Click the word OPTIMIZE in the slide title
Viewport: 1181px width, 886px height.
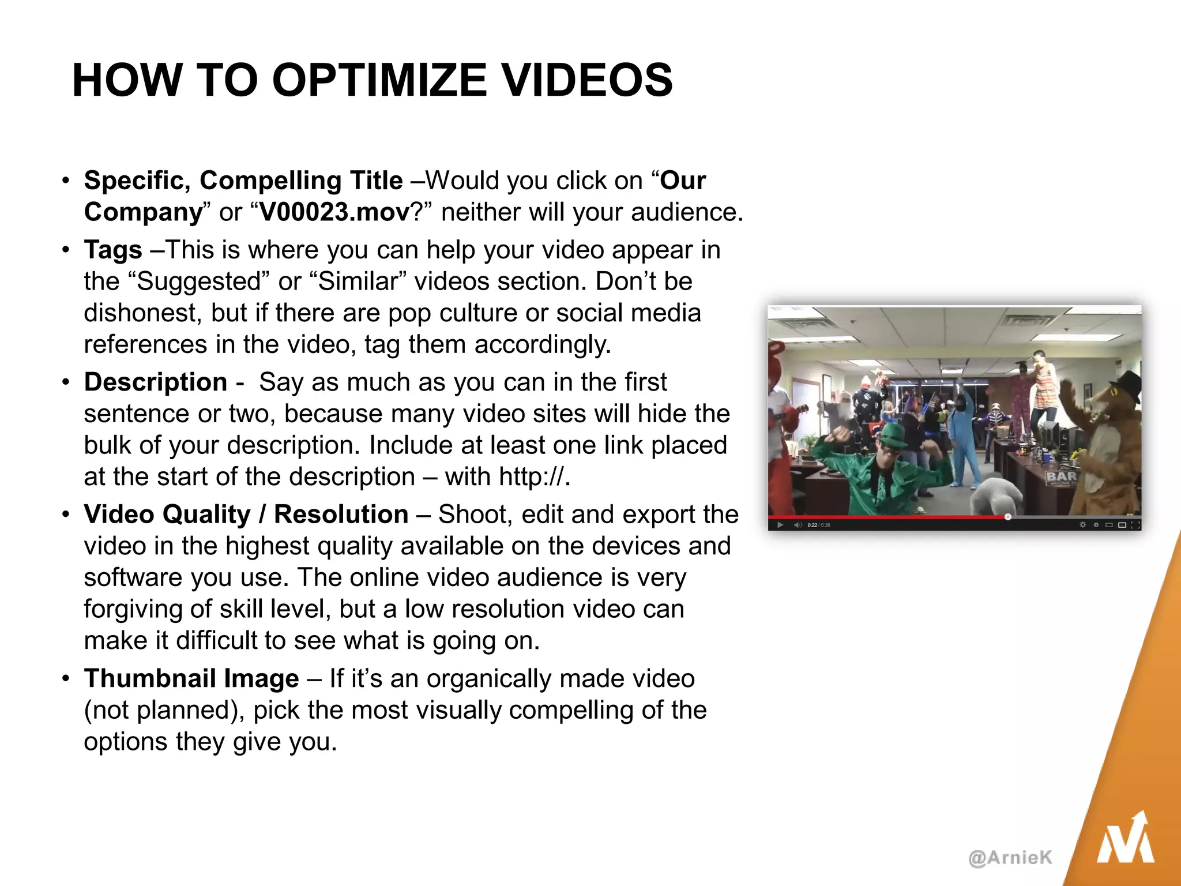coord(379,80)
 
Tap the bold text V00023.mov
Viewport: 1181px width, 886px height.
coord(334,212)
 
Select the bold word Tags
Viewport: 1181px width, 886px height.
coord(113,250)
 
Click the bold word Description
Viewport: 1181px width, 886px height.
coord(156,382)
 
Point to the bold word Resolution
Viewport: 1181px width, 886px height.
coord(341,515)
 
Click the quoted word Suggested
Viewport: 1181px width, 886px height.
coord(200,281)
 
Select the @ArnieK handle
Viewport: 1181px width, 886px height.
coord(1010,858)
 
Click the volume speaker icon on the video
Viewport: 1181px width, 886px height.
coord(798,525)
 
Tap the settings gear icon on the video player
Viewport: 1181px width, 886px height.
coord(1082,525)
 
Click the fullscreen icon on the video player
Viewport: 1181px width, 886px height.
coord(1135,525)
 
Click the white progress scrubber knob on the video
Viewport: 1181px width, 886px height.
coord(1007,517)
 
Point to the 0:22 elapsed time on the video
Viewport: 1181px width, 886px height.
coord(812,525)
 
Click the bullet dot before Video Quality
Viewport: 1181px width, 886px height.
coord(66,513)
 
